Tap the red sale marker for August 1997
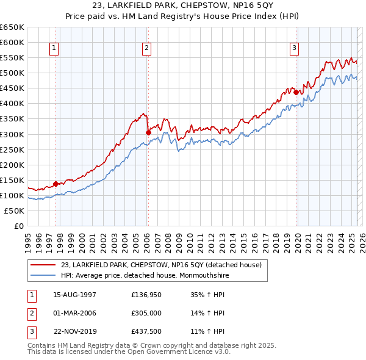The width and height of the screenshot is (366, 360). (56, 184)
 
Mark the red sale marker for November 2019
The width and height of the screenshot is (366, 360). (296, 92)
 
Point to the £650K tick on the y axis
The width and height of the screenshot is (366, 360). (12, 27)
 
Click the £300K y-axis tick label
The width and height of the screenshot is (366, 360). (12, 134)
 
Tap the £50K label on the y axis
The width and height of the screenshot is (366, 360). (14, 211)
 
